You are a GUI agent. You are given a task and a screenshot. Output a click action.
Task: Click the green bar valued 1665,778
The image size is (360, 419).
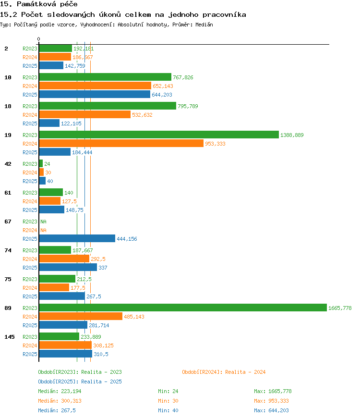(x=183, y=308)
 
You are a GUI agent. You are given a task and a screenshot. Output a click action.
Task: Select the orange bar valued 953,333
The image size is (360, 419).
(x=121, y=143)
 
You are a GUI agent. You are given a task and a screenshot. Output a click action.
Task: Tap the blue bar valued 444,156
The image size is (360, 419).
(x=77, y=238)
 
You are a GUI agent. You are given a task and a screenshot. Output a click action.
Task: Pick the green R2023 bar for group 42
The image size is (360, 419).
(x=41, y=163)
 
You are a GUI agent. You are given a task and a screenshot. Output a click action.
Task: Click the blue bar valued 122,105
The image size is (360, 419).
(x=49, y=123)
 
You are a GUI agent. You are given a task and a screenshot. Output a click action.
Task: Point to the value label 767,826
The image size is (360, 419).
(x=183, y=77)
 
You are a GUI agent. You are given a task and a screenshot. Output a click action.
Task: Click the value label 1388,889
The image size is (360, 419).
(x=292, y=135)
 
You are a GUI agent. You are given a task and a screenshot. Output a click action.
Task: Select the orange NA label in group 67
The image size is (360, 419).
(x=43, y=230)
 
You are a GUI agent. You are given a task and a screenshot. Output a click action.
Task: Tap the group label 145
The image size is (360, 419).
(x=10, y=337)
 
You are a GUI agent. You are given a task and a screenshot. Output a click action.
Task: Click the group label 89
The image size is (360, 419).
(x=8, y=308)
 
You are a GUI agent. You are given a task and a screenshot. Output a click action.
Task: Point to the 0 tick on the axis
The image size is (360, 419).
(x=39, y=39)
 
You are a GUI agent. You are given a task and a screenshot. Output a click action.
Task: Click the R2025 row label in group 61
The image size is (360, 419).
(x=30, y=210)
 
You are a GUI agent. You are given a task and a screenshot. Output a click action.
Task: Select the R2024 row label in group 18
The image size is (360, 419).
(x=30, y=115)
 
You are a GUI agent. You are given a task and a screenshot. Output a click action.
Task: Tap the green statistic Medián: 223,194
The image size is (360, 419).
(x=60, y=391)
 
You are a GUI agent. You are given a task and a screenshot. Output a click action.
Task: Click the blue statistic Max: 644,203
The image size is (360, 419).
(x=271, y=410)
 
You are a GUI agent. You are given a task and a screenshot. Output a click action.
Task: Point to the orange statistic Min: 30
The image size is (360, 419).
(x=168, y=401)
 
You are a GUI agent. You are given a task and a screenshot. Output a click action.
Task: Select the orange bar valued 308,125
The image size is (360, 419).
(x=65, y=345)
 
